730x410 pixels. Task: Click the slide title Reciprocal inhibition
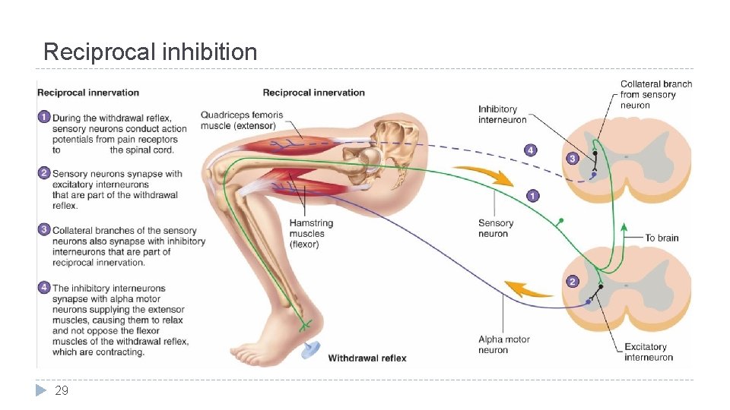[150, 52]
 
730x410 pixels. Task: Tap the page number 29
[62, 390]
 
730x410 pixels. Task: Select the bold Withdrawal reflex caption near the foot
[367, 358]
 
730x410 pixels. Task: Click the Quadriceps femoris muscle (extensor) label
[242, 120]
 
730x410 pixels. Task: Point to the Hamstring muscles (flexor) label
[311, 234]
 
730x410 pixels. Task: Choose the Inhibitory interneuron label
[502, 115]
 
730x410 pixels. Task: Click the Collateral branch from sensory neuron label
[655, 95]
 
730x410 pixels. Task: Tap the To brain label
[662, 238]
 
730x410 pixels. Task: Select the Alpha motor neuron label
[504, 345]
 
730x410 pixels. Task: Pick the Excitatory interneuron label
[649, 352]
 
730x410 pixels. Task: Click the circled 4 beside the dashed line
[531, 150]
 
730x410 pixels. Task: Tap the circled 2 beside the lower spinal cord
[572, 282]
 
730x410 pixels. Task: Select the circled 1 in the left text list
[44, 118]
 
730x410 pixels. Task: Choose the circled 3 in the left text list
[44, 230]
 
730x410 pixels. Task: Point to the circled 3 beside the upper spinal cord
[572, 158]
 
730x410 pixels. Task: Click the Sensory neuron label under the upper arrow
[496, 229]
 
